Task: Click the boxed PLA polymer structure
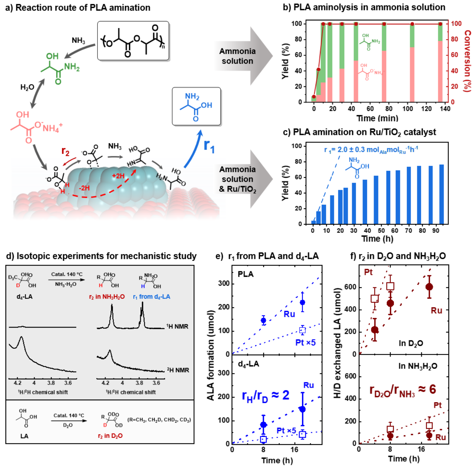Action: [x=133, y=40]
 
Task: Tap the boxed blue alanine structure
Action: [x=196, y=106]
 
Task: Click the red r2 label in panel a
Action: [x=65, y=151]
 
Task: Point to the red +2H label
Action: [x=118, y=176]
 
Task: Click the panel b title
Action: [x=364, y=7]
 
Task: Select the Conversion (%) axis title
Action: [x=467, y=61]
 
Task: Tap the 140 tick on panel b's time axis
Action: [x=445, y=109]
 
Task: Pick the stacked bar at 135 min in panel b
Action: [x=440, y=63]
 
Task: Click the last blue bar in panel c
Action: [x=441, y=194]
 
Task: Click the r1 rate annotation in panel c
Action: [x=371, y=150]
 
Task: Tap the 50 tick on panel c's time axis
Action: [x=381, y=231]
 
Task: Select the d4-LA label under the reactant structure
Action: [x=24, y=297]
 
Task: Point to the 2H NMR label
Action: [x=178, y=370]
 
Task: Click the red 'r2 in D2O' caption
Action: [x=110, y=436]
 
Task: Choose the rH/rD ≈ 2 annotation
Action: [x=265, y=396]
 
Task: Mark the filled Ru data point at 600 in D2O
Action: [x=429, y=287]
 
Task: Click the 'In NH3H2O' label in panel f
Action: [x=418, y=366]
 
